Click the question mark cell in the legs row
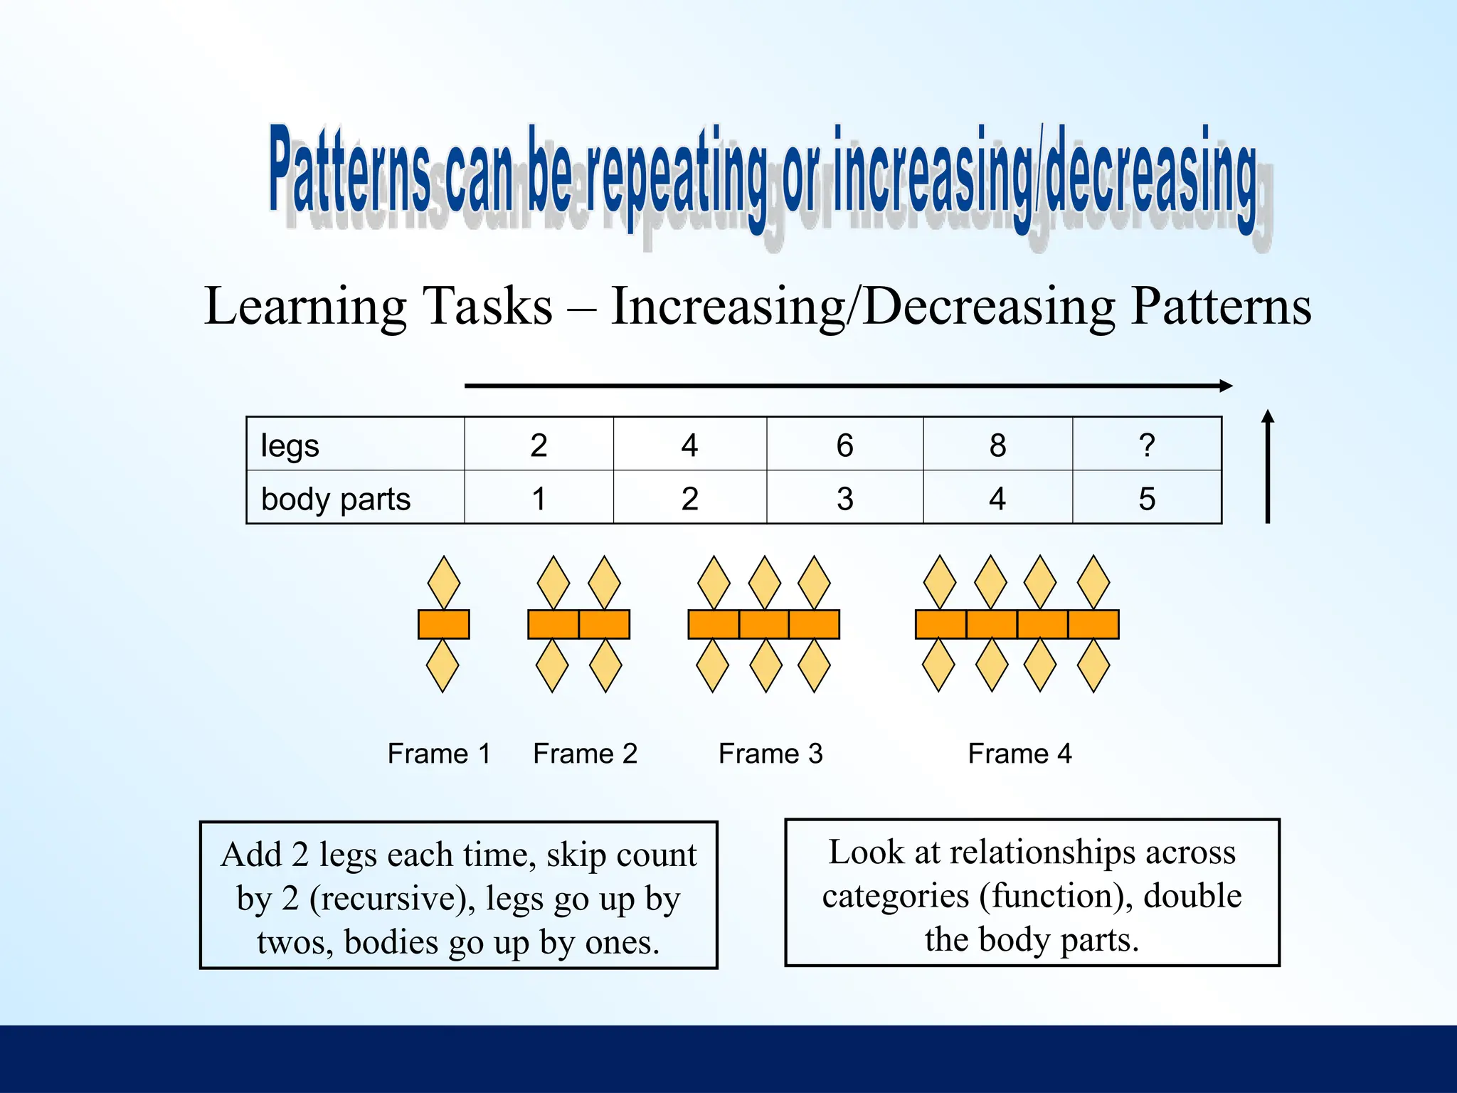(1146, 445)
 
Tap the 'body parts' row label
(336, 499)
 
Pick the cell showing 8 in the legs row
(997, 445)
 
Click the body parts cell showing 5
(1146, 499)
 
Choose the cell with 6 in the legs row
(844, 445)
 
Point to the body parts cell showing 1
(539, 499)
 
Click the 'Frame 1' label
(439, 754)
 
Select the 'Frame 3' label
(770, 754)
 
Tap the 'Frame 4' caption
(1019, 754)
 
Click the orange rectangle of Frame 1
(443, 624)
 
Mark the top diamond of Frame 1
(443, 583)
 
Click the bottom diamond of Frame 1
(442, 665)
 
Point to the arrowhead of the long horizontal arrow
(1225, 386)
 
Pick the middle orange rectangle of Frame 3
(764, 624)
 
